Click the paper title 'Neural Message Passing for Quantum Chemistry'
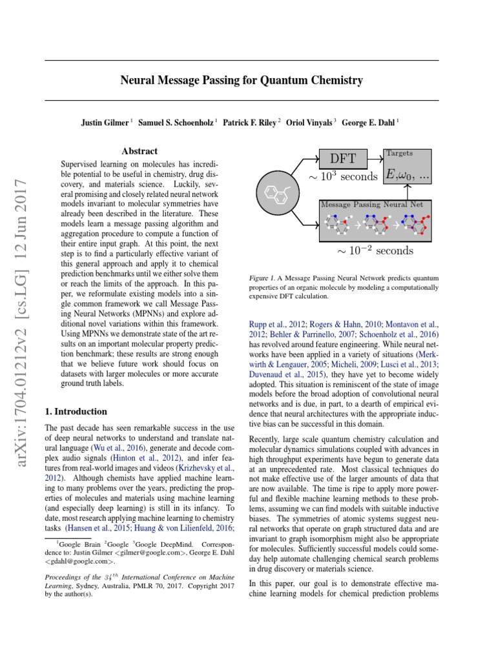[242, 81]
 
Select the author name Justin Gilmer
[104, 121]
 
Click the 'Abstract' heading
[140, 151]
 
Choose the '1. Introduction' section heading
[75, 411]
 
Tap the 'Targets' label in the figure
[398, 154]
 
